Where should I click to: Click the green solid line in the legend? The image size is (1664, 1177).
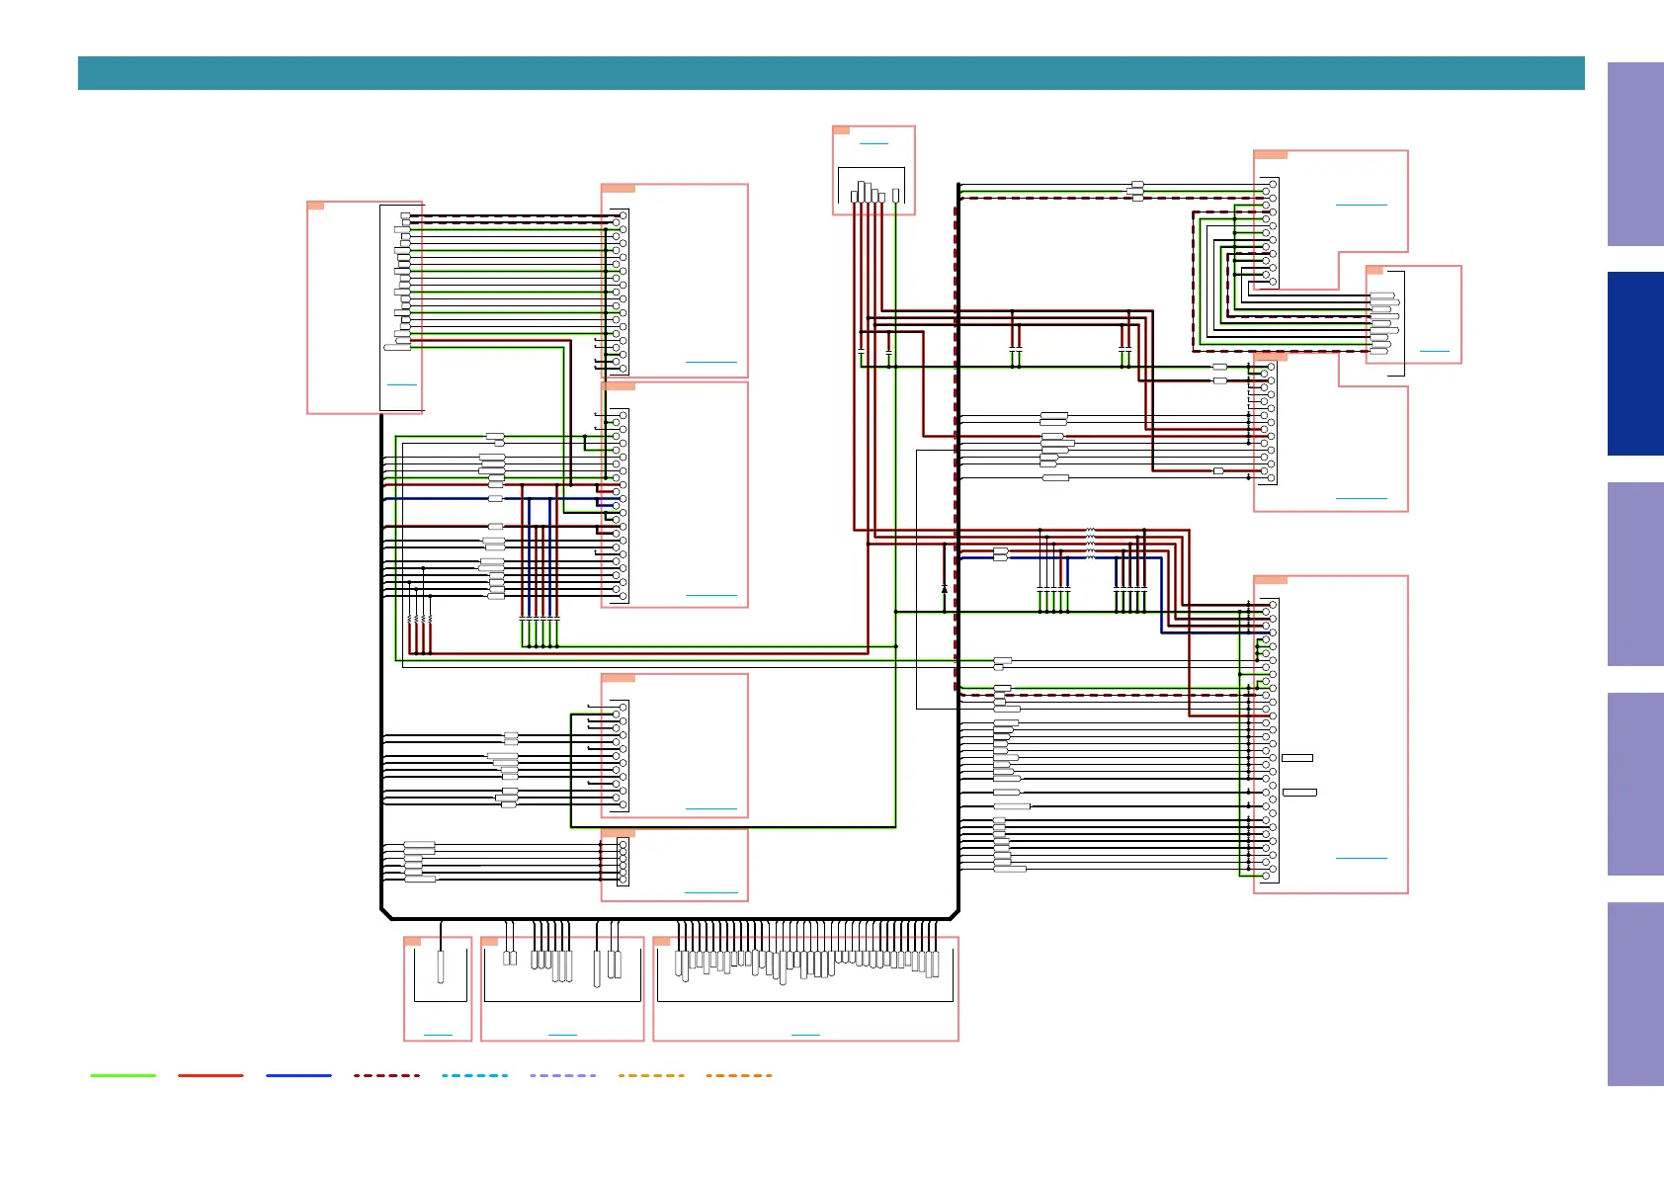123,1075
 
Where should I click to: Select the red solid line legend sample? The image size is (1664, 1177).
210,1075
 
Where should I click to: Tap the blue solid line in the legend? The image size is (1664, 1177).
298,1075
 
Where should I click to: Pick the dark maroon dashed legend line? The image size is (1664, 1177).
386,1075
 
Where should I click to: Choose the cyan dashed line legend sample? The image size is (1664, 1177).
474,1075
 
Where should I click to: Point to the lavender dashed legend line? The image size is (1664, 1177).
562,1075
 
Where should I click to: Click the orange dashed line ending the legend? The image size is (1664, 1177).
739,1075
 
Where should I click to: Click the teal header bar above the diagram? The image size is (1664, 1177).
830,73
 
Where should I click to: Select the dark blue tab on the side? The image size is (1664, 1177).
1635,364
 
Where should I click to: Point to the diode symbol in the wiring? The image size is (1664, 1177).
945,589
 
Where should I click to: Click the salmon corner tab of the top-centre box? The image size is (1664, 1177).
841,129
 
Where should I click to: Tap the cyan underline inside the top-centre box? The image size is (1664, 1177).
874,144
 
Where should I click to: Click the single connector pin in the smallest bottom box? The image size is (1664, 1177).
441,966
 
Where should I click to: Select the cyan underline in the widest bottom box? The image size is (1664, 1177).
805,1035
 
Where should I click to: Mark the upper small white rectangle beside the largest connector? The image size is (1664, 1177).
1296,758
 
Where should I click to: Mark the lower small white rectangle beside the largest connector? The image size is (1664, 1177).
1299,793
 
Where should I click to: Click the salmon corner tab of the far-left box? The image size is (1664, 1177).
315,206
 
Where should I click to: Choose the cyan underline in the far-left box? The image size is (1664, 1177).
401,383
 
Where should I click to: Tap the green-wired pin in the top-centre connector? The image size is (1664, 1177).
895,196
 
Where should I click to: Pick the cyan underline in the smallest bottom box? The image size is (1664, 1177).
438,1035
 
